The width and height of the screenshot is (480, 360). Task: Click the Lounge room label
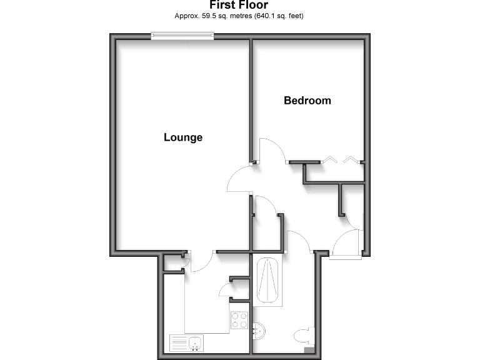click(183, 137)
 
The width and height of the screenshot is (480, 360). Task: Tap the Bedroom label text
click(307, 100)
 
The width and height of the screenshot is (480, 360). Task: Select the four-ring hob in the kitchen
click(239, 321)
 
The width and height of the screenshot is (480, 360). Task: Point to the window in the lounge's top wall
click(182, 37)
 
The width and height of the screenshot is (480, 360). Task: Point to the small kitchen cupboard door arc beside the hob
click(224, 289)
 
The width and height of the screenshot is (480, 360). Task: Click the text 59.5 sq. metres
click(214, 16)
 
